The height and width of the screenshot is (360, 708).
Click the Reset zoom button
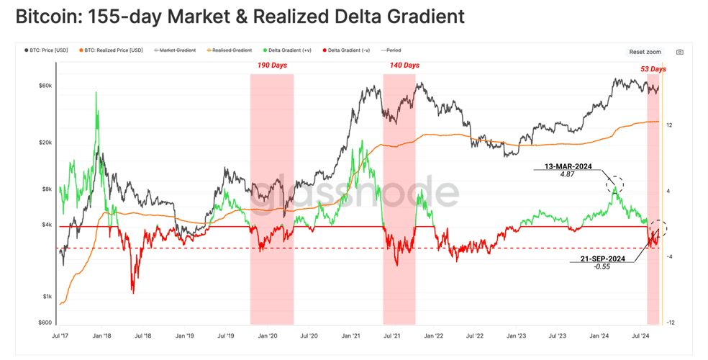click(645, 52)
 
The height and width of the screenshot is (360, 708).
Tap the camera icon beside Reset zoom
click(679, 52)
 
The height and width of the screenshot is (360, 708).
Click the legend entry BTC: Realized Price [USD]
click(111, 50)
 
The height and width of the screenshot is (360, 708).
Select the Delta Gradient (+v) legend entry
click(286, 50)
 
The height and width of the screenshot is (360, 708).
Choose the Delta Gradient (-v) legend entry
click(346, 50)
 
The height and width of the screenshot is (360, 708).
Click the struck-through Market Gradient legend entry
click(175, 50)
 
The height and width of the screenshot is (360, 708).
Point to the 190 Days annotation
click(272, 66)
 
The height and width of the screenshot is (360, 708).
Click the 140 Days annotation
click(404, 66)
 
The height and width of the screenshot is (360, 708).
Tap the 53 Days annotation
click(653, 69)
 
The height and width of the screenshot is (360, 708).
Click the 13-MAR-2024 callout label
click(568, 166)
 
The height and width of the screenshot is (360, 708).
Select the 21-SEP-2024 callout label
click(603, 258)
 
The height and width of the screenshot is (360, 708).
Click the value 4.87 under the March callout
click(567, 174)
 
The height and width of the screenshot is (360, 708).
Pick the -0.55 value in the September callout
click(602, 266)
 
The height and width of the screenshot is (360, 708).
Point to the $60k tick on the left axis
click(45, 86)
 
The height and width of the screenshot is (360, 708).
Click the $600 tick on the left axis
click(45, 323)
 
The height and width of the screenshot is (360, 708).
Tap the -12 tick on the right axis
click(671, 323)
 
